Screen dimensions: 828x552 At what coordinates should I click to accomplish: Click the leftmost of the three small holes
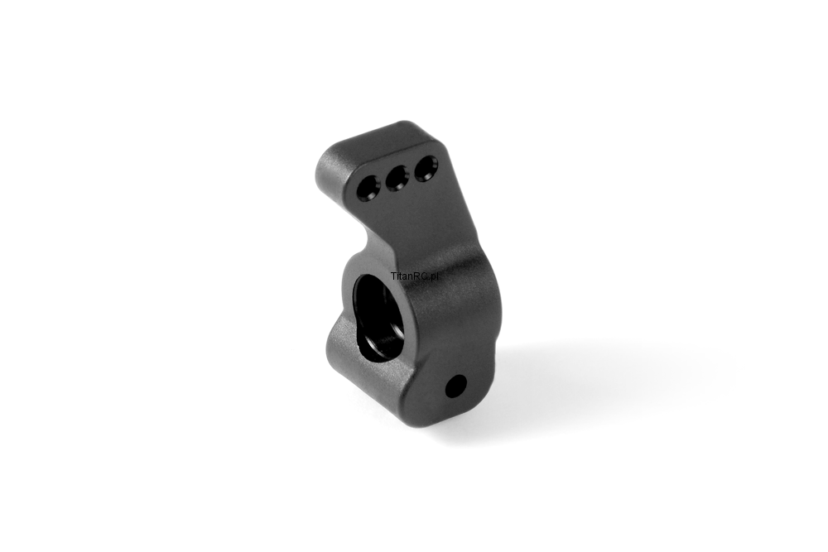[x=368, y=189]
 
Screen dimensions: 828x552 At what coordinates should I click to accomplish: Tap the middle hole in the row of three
[x=397, y=178]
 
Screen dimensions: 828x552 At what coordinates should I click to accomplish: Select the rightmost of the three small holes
[x=426, y=168]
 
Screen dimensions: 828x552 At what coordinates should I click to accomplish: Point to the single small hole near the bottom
[x=456, y=386]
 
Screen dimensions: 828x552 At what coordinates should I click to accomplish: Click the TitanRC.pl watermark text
[x=415, y=276]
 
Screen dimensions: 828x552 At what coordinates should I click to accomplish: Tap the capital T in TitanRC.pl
[x=394, y=276]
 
